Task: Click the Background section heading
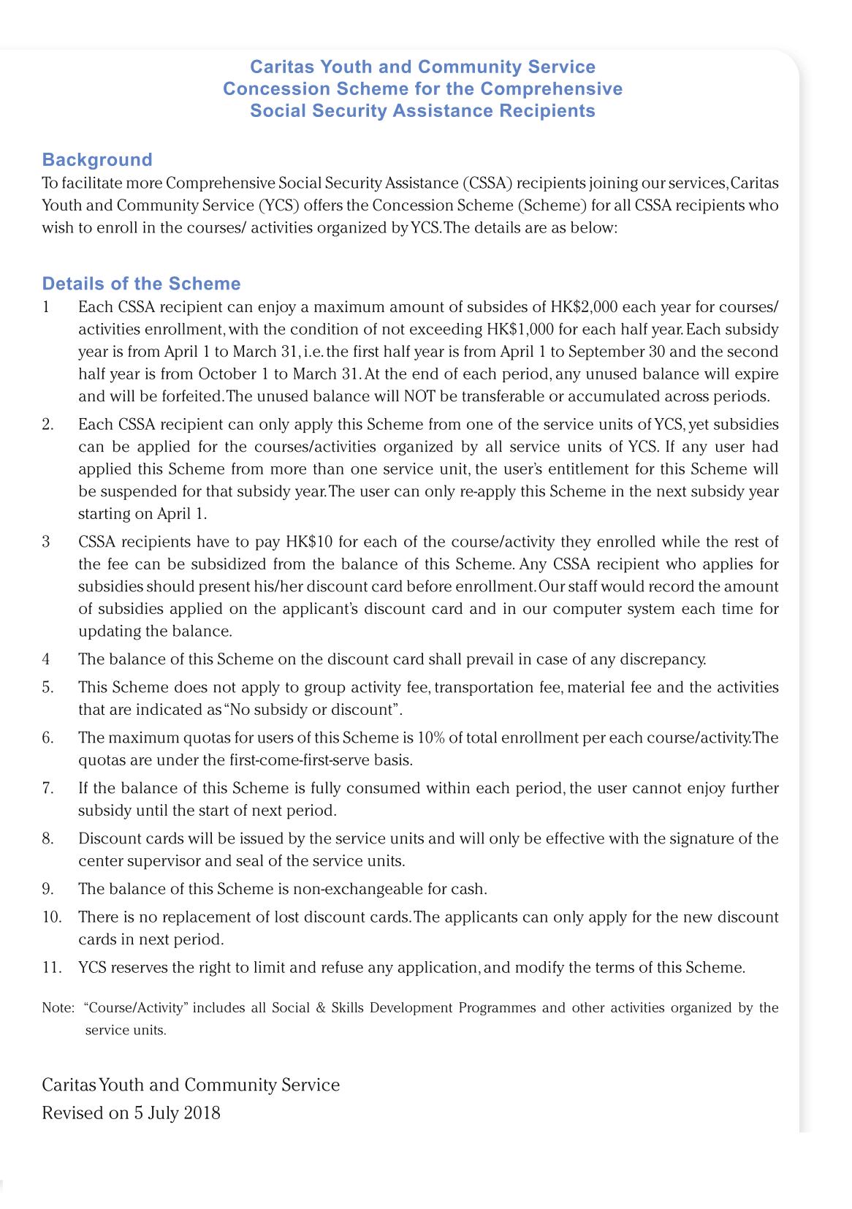97,160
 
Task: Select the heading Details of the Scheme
141,284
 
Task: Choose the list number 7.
47,789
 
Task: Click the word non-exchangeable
352,890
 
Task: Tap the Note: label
58,1009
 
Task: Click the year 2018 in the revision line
202,1114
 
